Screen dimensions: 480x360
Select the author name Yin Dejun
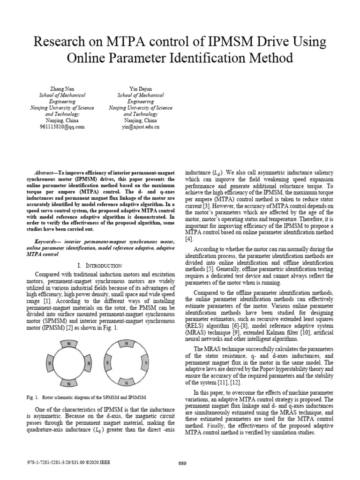point(141,89)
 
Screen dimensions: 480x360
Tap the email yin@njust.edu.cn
point(141,127)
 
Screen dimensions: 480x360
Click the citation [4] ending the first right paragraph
point(189,239)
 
